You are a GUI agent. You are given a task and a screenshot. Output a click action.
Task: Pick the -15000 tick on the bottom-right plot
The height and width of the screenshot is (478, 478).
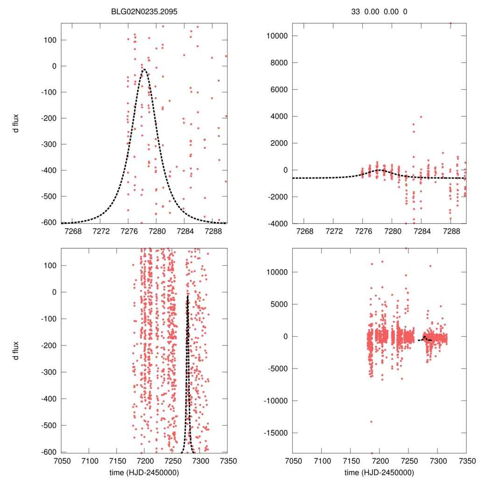tap(275, 433)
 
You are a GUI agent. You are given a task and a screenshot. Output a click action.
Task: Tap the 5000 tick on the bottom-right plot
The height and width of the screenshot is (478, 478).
tap(280, 304)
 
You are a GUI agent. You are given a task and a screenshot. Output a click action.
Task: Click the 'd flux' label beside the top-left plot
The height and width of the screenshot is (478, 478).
tap(16, 123)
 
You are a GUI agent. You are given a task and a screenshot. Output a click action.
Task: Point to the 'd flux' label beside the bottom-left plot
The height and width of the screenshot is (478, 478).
tap(16, 350)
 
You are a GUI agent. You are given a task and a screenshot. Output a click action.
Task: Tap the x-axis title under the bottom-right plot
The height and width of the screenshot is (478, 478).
tap(379, 472)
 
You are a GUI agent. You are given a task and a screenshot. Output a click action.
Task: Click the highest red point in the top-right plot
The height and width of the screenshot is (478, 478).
tap(450, 23)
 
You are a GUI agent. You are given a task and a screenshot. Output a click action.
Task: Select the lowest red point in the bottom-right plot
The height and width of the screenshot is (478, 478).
tap(372, 453)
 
